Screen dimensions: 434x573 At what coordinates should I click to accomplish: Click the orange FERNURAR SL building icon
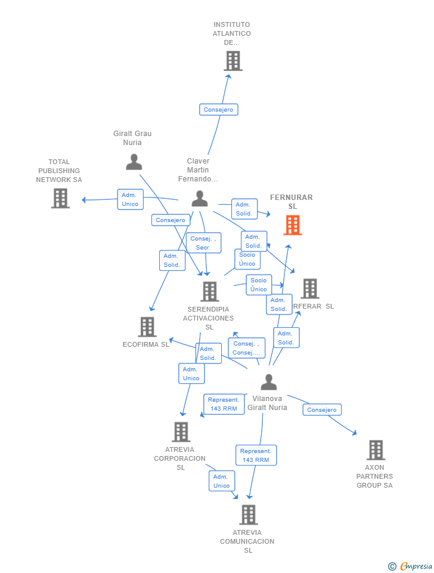tap(292, 225)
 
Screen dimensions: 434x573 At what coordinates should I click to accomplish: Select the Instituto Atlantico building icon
tap(232, 61)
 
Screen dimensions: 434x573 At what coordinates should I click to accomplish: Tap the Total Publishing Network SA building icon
tap(60, 198)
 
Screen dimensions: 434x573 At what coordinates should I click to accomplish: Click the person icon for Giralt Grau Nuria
tap(134, 162)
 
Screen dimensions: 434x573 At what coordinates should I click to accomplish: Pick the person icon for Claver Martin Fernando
tap(200, 199)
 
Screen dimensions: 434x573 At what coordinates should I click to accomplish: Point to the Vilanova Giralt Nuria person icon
tap(269, 382)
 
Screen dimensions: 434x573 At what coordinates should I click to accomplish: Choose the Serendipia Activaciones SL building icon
tap(209, 292)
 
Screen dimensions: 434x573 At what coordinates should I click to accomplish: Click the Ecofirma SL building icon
tap(147, 327)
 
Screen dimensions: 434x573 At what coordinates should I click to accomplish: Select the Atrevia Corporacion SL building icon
tap(181, 432)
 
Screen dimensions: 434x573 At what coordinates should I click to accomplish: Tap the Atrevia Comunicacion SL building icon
tap(248, 515)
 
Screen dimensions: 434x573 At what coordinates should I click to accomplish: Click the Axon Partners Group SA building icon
tap(376, 450)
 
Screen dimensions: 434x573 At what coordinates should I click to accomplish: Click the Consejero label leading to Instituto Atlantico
tap(218, 110)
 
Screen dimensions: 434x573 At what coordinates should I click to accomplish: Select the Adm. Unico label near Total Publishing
tap(130, 199)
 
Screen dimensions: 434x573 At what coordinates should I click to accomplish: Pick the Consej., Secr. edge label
tap(203, 243)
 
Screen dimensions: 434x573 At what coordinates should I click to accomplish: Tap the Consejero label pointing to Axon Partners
tap(322, 409)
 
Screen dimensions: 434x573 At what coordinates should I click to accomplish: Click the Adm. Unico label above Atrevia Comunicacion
tap(221, 481)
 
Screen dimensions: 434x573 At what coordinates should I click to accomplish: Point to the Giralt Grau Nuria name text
tap(132, 138)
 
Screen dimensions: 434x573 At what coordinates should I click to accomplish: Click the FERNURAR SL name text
tap(292, 202)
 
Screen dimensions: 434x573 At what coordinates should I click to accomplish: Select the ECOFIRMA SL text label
tap(146, 344)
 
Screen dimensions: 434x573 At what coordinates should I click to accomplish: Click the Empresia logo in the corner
tap(410, 566)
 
